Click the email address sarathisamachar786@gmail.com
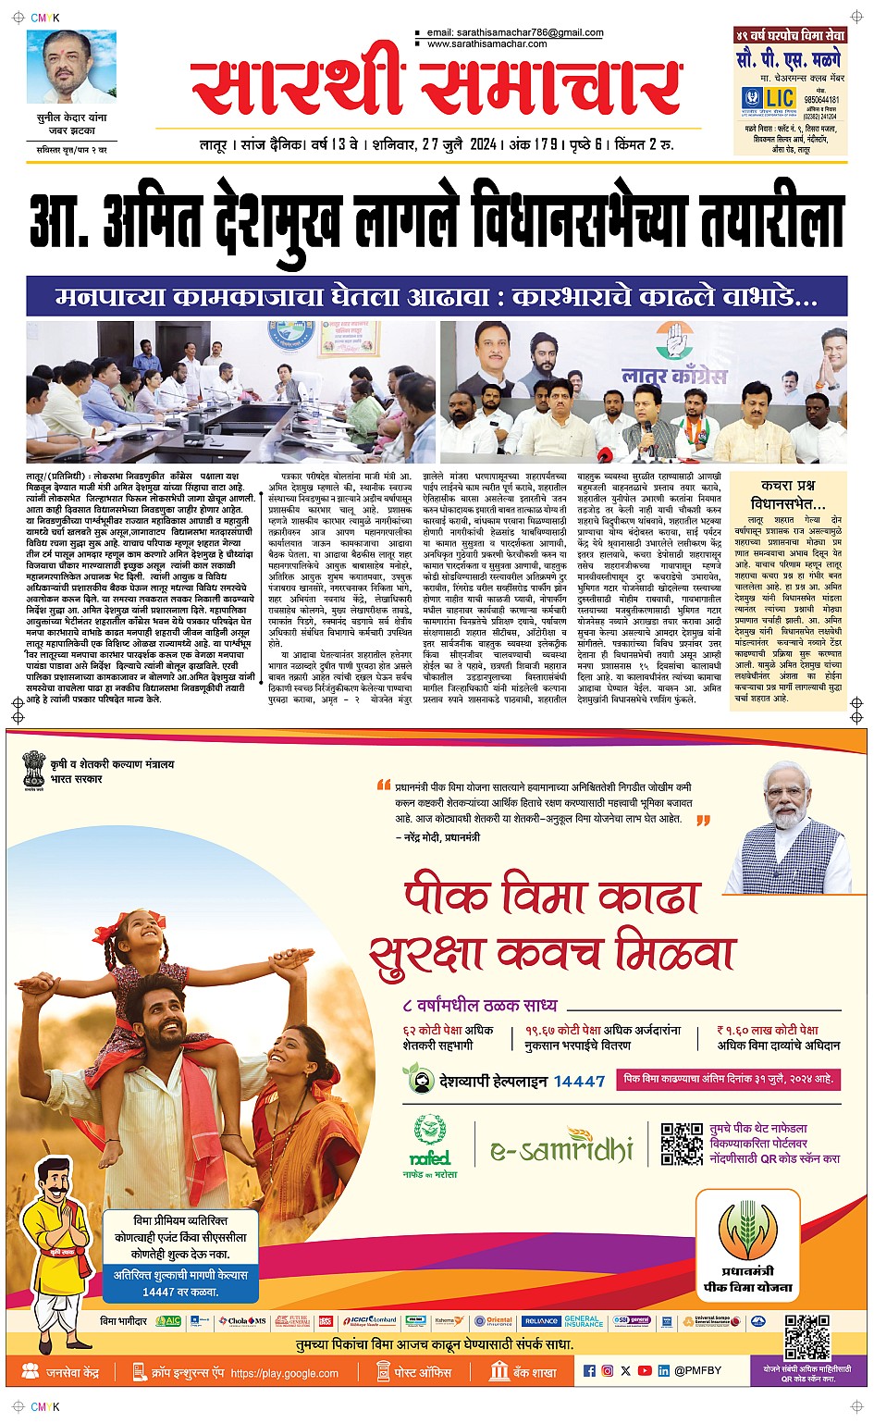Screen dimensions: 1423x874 point(515,32)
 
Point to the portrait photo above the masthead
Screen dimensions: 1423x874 point(72,68)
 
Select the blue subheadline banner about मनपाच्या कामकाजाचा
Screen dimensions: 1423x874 point(437,297)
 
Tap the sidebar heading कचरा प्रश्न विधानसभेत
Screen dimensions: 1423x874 point(788,495)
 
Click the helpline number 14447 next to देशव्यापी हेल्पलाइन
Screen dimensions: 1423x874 point(579,1081)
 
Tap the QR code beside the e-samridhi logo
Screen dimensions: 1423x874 point(682,1144)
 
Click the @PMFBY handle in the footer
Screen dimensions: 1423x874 point(697,1370)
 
